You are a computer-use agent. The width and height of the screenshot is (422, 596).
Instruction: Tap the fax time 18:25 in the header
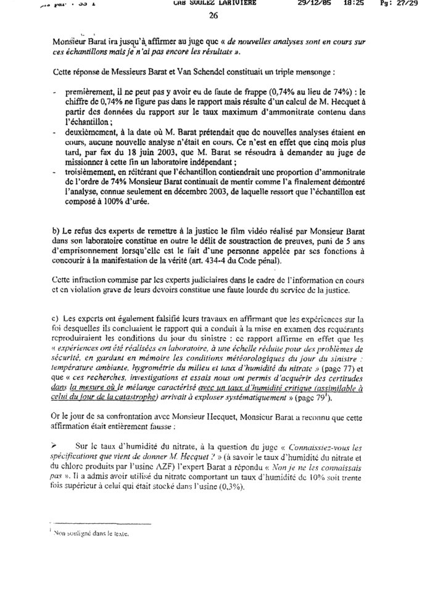(345, 4)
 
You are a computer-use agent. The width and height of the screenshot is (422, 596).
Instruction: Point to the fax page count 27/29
(402, 4)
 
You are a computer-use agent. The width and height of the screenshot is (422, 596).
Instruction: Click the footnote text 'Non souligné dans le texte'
(90, 535)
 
